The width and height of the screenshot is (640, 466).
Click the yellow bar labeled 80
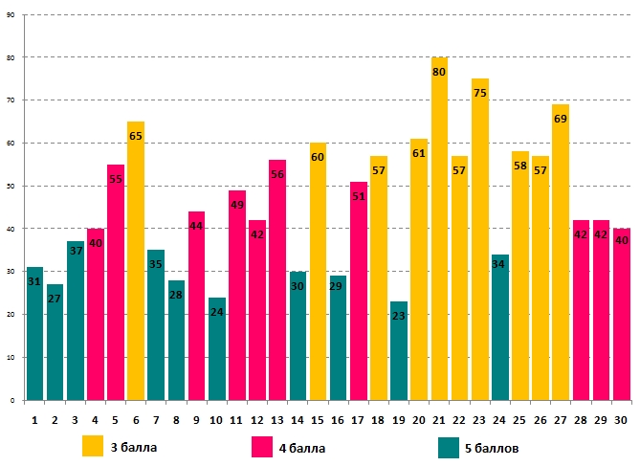click(440, 230)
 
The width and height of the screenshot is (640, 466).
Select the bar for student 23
click(480, 239)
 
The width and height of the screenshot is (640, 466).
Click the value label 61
click(419, 153)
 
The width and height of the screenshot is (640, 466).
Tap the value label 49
click(237, 205)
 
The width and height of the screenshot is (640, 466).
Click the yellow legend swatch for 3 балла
click(93, 447)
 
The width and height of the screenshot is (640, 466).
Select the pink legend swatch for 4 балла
click(262, 447)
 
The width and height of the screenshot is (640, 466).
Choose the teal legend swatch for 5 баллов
click(448, 447)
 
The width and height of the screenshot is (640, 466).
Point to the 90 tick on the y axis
click(11, 15)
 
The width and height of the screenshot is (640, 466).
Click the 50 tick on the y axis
click(11, 187)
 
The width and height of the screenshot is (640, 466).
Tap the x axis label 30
click(622, 419)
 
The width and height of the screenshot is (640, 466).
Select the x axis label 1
click(34, 419)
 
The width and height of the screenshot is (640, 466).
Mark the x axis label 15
click(318, 419)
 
